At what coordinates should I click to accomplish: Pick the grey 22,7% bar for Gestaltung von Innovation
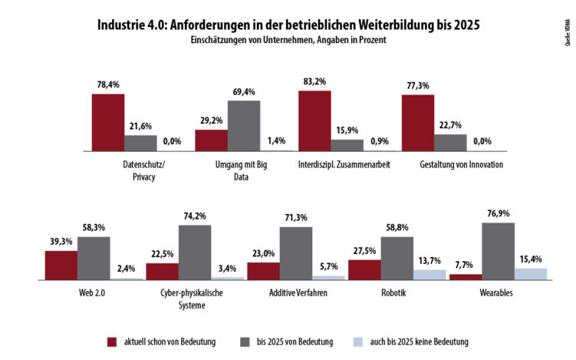click(450, 143)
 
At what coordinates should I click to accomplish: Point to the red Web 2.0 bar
click(61, 265)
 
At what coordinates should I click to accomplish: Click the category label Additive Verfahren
click(295, 293)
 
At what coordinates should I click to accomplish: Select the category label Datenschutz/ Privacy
click(143, 170)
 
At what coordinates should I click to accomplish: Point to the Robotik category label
click(397, 293)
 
